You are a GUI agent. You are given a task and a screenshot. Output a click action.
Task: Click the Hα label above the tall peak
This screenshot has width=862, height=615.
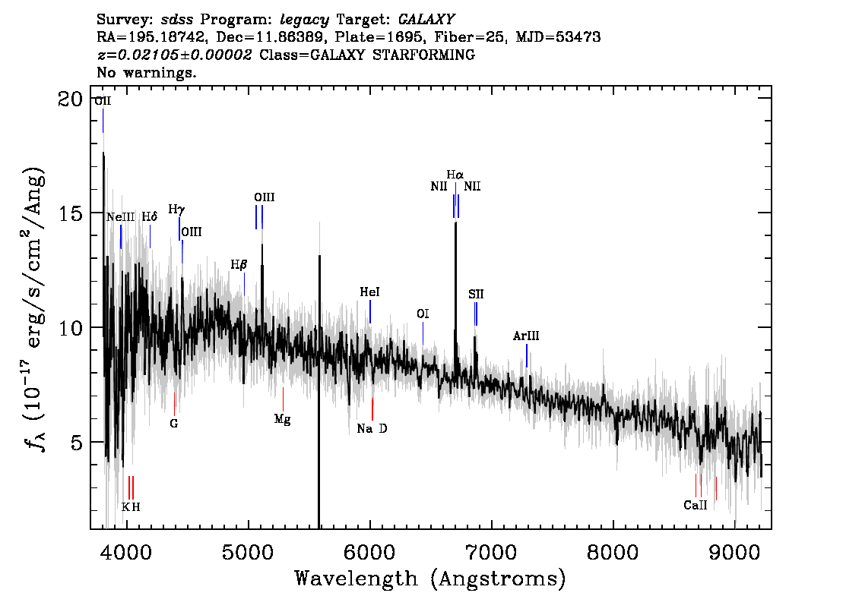click(x=455, y=175)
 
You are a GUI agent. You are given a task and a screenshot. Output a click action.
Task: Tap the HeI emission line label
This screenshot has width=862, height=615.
click(x=369, y=292)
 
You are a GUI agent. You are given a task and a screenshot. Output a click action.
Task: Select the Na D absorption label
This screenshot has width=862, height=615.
click(x=372, y=428)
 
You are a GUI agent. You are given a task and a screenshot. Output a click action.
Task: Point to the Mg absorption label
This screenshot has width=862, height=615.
click(x=283, y=420)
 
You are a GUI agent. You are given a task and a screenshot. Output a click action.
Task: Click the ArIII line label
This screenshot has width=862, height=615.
click(x=526, y=336)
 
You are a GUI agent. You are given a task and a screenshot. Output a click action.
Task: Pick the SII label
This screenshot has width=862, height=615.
click(x=476, y=295)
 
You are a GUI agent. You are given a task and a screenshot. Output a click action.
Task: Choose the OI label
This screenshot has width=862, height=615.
click(x=423, y=314)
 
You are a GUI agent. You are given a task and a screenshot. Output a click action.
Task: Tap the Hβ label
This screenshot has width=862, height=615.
click(x=239, y=265)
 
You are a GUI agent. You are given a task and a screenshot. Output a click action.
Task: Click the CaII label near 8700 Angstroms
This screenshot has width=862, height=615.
click(x=696, y=505)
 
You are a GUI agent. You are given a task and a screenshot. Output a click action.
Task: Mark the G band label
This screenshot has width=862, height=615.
click(x=174, y=424)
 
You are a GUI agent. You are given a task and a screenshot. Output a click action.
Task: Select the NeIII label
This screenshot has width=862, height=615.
click(x=120, y=217)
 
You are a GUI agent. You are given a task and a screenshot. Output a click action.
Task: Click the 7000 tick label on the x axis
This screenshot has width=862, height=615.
click(x=491, y=553)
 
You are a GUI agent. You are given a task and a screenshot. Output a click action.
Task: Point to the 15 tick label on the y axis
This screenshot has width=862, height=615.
click(x=71, y=213)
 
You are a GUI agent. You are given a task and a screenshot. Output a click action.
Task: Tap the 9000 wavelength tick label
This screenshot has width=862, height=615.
click(x=734, y=553)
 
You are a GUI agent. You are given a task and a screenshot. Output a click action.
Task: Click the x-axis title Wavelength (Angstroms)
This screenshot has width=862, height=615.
click(x=430, y=579)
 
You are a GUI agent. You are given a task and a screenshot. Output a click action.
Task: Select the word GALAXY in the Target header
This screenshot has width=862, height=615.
click(x=426, y=20)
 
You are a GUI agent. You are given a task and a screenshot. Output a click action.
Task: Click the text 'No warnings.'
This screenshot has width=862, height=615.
click(x=146, y=72)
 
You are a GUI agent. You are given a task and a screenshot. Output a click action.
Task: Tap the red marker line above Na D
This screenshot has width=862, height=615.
click(x=372, y=409)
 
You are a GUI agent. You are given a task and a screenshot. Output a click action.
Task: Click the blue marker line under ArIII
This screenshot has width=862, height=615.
click(x=527, y=356)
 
